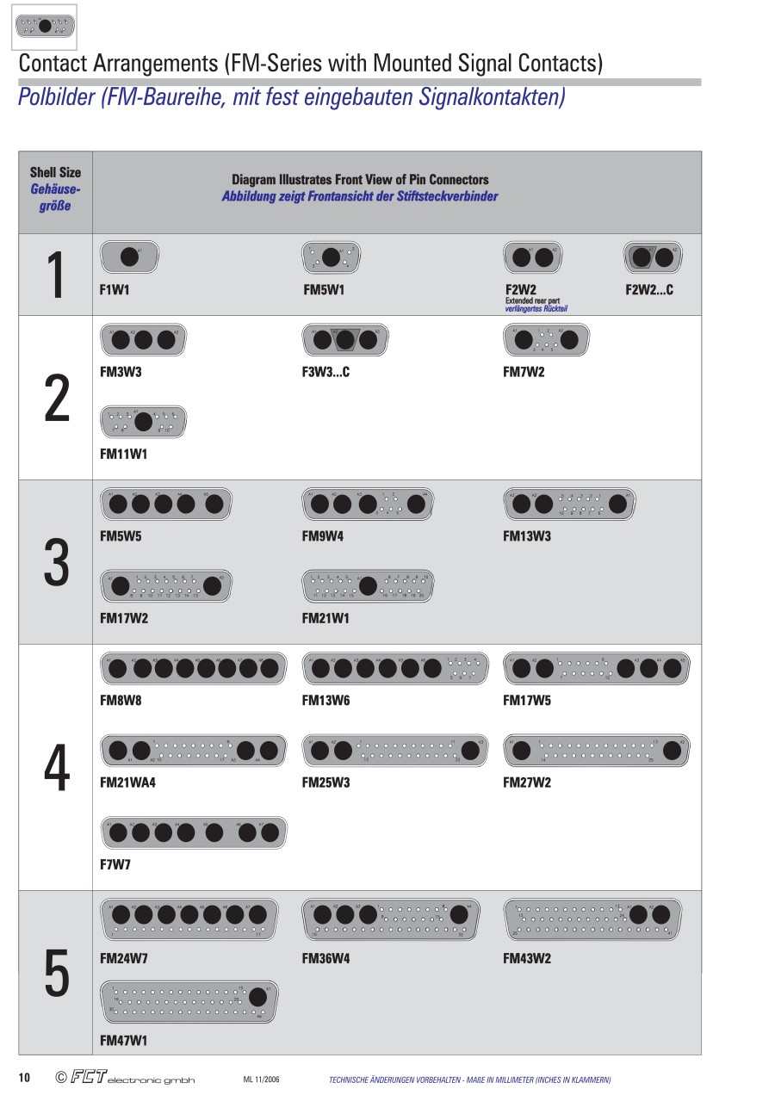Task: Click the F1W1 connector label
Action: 115,290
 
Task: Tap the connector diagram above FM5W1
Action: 332,256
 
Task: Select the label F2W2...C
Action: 649,290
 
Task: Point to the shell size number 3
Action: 56,563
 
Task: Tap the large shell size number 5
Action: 56,974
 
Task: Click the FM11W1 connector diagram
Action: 143,421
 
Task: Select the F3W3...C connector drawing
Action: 343,339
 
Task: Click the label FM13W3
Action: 527,536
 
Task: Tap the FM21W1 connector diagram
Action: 367,585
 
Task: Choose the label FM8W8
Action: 121,701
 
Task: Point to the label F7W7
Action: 115,864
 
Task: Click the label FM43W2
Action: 527,958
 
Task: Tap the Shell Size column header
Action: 55,189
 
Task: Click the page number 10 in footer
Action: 25,1078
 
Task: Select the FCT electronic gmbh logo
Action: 125,1078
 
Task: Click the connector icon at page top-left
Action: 44,27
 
